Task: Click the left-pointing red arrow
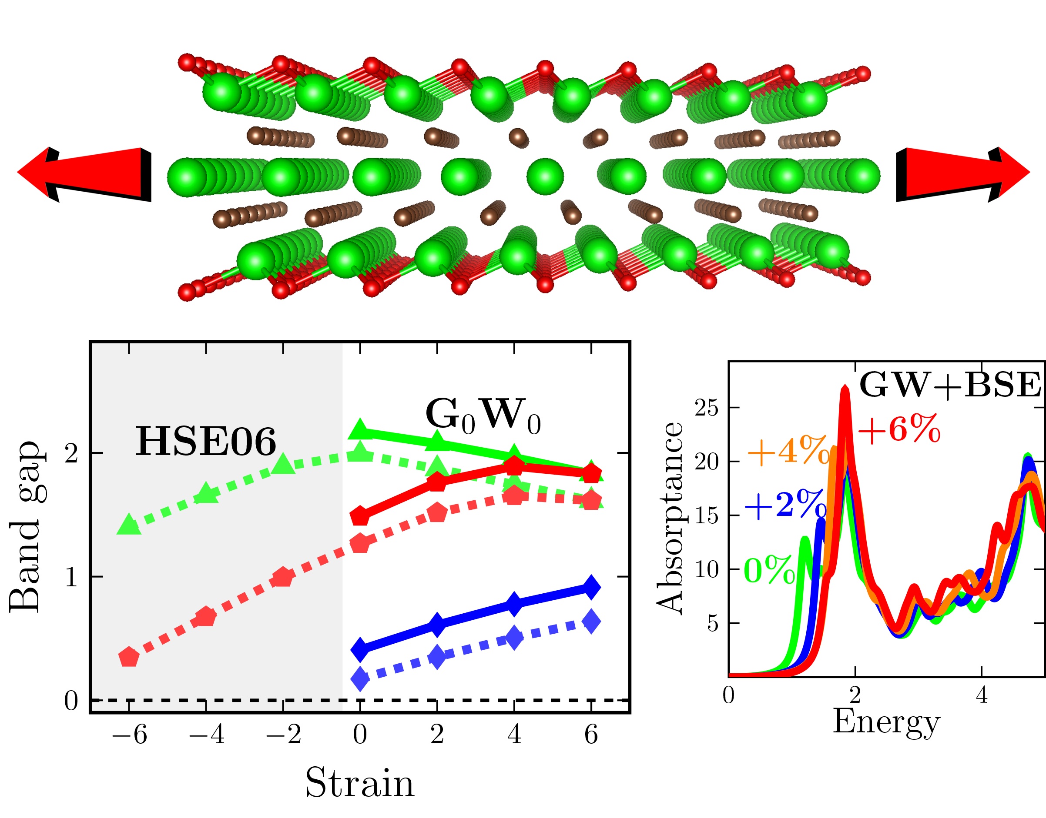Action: click(x=84, y=174)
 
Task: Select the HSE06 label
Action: click(x=206, y=442)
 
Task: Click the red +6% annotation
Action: click(x=899, y=429)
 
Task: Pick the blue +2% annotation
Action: click(x=785, y=505)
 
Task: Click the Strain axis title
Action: click(x=359, y=784)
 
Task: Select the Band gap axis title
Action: click(x=25, y=527)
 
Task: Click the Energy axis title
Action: click(x=886, y=722)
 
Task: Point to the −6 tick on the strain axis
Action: click(x=129, y=734)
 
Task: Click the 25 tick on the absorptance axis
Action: click(x=707, y=408)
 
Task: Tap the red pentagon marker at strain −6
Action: click(x=128, y=657)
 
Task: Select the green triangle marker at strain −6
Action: click(x=128, y=524)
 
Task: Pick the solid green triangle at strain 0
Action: click(x=360, y=429)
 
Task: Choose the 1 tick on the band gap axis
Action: click(x=71, y=577)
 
